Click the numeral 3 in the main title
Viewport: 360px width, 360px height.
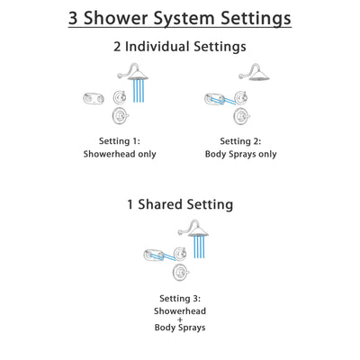76,18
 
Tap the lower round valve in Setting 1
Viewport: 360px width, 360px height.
118,116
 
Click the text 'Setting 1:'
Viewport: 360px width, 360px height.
121,139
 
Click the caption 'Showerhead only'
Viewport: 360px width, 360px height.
121,154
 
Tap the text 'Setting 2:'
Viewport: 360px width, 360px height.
240,139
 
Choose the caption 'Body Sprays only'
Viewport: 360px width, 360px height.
240,154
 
